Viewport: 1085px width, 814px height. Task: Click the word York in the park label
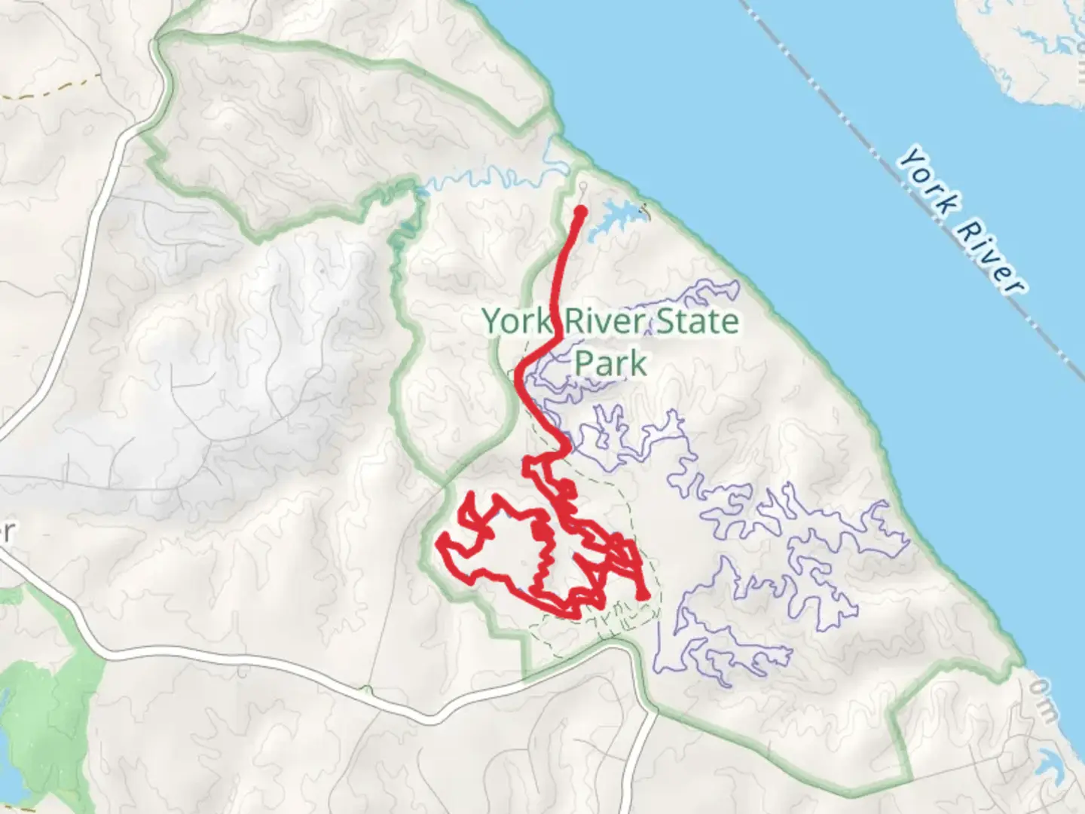coord(518,322)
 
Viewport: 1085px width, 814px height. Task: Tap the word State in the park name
coord(697,322)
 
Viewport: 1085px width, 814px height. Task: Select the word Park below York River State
coord(610,363)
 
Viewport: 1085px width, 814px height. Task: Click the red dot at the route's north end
coord(581,212)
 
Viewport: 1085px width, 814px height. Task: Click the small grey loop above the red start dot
coord(582,185)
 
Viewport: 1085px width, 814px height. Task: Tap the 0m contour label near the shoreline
coord(1044,700)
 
